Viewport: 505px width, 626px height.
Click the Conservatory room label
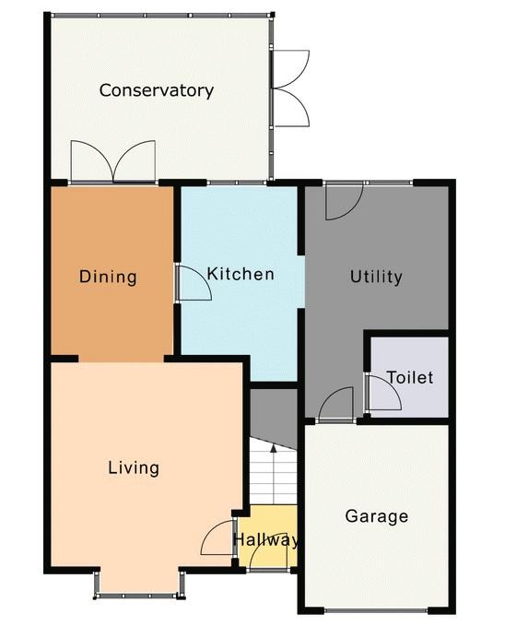tap(156, 90)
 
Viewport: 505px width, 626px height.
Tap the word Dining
tap(108, 277)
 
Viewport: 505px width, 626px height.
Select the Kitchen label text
tap(241, 274)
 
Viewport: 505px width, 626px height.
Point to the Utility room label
tap(376, 277)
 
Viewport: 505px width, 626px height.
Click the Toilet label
tap(410, 377)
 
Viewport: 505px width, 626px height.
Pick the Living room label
tap(134, 467)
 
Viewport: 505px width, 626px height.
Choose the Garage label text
tap(377, 515)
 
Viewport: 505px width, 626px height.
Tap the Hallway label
tap(265, 539)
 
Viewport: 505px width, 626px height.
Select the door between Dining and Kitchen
tap(194, 282)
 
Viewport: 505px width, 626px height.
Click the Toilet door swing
tap(383, 393)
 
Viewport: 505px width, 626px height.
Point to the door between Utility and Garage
tap(336, 404)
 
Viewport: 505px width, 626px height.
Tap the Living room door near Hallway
tap(217, 537)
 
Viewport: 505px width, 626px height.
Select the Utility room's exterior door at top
tap(344, 201)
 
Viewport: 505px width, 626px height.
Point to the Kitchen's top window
tap(236, 183)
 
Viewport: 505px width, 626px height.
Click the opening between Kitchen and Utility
tap(301, 281)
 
